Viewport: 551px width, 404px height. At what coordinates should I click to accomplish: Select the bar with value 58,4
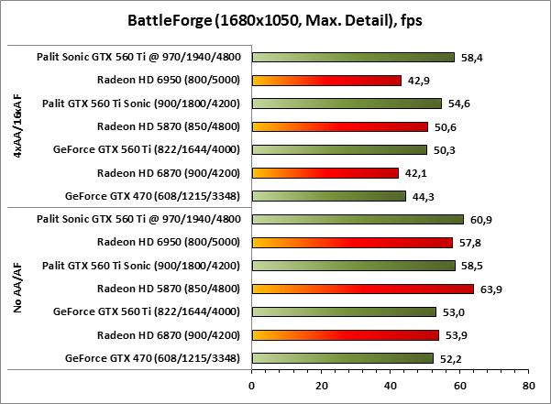pyautogui.click(x=353, y=57)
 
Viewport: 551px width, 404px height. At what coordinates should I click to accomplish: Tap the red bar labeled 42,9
pyautogui.click(x=326, y=81)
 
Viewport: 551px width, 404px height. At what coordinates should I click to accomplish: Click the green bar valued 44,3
pyautogui.click(x=328, y=195)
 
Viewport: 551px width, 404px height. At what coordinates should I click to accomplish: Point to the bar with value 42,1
pyautogui.click(x=325, y=172)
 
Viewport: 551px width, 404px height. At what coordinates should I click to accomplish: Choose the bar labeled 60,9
pyautogui.click(x=358, y=219)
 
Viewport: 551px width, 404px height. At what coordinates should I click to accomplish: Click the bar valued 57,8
pyautogui.click(x=352, y=242)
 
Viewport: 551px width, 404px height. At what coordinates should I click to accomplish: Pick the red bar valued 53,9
pyautogui.click(x=345, y=334)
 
